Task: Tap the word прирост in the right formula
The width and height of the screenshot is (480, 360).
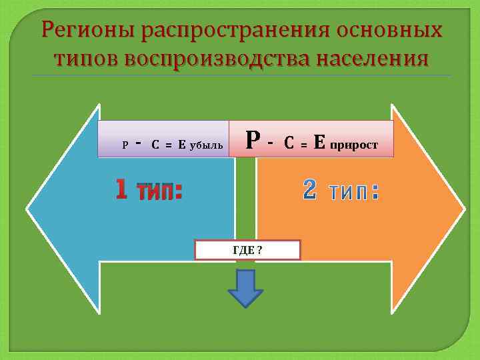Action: (353, 143)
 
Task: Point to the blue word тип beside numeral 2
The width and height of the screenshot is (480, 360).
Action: (353, 192)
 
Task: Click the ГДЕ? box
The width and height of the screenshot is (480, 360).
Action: (247, 250)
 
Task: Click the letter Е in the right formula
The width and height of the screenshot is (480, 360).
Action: (319, 141)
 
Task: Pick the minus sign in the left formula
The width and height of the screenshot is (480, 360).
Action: (138, 142)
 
